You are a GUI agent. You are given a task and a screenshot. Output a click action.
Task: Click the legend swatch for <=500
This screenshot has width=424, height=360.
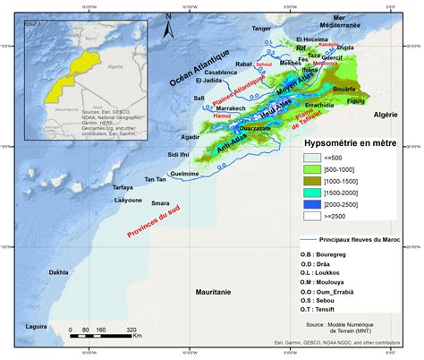[317, 158]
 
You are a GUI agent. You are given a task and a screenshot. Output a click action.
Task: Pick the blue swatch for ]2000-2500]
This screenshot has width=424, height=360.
[317, 203]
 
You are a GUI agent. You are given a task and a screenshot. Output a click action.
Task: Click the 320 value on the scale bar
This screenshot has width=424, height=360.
[131, 330]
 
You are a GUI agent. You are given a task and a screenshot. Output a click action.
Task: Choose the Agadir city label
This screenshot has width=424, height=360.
[189, 137]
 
